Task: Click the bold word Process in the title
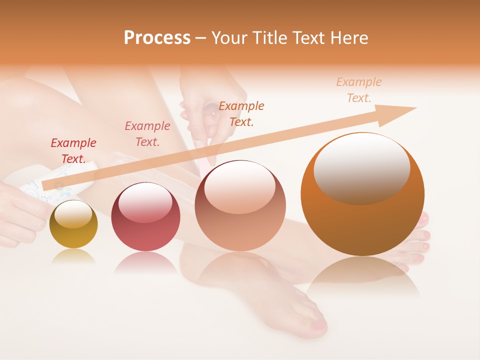[157, 38]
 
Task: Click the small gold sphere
[73, 224]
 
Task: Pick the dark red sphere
[145, 217]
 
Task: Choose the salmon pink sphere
[240, 206]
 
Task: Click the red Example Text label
[73, 151]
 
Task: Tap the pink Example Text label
[147, 134]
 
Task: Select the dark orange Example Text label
[241, 113]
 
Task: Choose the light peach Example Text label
[358, 90]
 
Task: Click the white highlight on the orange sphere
[361, 167]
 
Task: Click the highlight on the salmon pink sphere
[239, 187]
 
